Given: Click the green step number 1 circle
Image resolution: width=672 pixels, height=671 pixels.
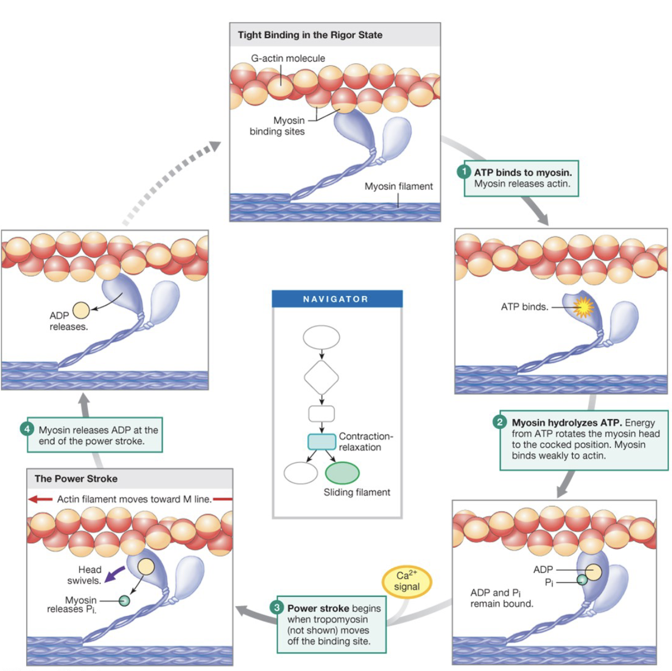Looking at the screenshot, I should [x=463, y=172].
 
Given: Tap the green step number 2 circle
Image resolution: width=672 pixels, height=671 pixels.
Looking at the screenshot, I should [x=500, y=422].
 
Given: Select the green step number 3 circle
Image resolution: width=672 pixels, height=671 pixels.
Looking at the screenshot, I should [x=277, y=607].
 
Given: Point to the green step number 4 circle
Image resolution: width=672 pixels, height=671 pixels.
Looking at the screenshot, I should [x=27, y=429].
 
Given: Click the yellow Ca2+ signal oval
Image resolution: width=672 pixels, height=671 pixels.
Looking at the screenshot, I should [x=407, y=581].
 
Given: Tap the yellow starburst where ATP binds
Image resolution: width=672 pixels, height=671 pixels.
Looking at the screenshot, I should [x=583, y=307].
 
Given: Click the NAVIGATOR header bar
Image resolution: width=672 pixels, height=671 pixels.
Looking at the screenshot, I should [x=337, y=298].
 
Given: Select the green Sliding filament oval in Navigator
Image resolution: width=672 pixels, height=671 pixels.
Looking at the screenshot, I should [x=342, y=473].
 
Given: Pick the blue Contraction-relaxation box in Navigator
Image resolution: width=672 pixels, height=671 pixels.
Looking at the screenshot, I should [x=321, y=442].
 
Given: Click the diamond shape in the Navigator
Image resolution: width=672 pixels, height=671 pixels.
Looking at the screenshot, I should [x=321, y=377].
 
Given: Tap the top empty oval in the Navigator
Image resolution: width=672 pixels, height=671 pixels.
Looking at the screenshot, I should [x=321, y=337].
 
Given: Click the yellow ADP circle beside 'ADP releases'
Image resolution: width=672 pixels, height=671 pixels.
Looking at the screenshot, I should [x=81, y=310].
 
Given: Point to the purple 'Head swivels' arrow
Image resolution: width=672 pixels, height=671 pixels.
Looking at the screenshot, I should [x=114, y=574].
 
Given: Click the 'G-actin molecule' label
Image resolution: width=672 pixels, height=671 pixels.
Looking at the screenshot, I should [x=288, y=58].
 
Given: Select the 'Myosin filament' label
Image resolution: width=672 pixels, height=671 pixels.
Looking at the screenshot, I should [x=399, y=186].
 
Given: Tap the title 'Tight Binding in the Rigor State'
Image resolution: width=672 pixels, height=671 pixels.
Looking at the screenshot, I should [x=310, y=35].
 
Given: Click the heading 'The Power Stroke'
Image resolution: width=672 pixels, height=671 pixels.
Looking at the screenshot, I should [x=76, y=479].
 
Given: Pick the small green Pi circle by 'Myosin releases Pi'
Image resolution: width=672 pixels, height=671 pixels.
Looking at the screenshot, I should [x=125, y=600].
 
